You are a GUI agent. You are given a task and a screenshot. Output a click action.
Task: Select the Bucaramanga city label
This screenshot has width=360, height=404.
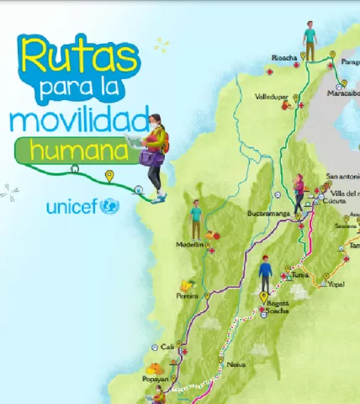(x=268, y=213)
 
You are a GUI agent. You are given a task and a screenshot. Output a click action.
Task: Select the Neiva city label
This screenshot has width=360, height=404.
(x=236, y=364)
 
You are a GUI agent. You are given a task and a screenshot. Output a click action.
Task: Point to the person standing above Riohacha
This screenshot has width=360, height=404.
(x=310, y=40)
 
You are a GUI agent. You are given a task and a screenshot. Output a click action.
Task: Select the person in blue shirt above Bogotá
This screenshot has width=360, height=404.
(x=266, y=274)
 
